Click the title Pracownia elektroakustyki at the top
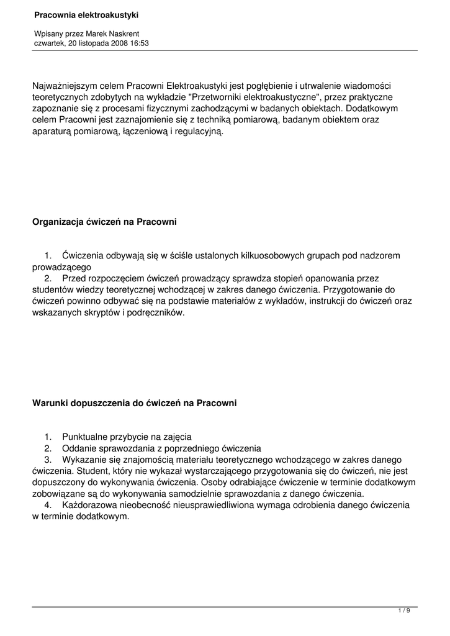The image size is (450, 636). coord(86,14)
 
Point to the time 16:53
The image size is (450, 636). coord(139,43)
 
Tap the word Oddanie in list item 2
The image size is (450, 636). coord(79,448)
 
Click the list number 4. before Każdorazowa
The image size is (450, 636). coord(48,505)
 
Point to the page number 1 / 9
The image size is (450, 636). coord(404,611)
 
